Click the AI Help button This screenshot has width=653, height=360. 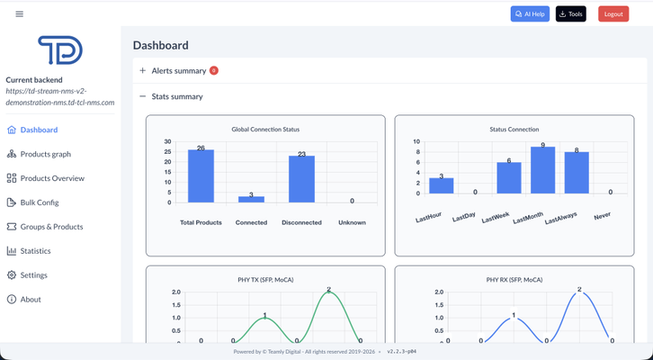[x=530, y=13]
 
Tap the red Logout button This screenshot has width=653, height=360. [x=613, y=13]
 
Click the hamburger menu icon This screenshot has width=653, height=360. [x=19, y=13]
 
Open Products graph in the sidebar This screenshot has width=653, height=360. [x=45, y=154]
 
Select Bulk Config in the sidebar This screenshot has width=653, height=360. [x=40, y=202]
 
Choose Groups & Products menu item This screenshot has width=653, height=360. [x=51, y=227]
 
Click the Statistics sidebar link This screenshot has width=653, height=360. [x=35, y=251]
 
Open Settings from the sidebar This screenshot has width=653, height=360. [x=33, y=275]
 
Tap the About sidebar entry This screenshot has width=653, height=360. [x=31, y=300]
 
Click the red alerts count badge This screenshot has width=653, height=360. [x=214, y=70]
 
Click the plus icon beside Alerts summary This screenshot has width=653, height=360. [x=142, y=70]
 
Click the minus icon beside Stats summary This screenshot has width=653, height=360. [x=142, y=96]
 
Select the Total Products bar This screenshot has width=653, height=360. [x=201, y=176]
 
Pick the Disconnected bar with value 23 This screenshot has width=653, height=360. [x=301, y=179]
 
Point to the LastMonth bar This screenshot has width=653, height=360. [x=542, y=171]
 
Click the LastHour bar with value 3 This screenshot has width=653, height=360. [x=441, y=185]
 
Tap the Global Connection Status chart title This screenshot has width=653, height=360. [x=265, y=130]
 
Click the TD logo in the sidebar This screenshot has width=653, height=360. [x=60, y=50]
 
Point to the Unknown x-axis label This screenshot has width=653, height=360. [x=352, y=222]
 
